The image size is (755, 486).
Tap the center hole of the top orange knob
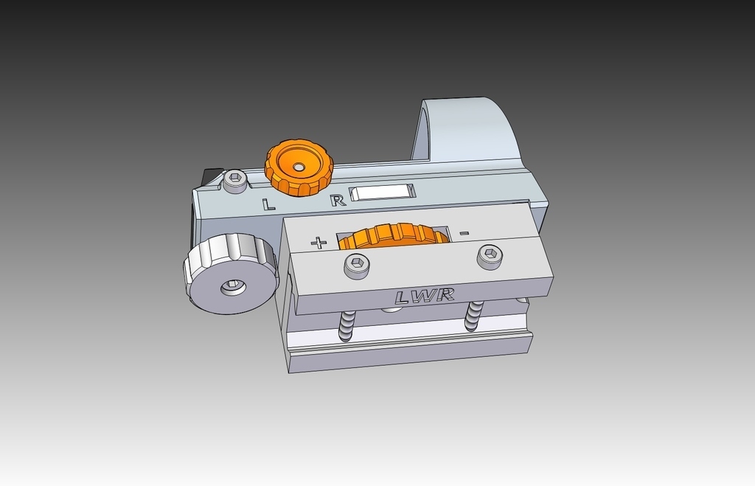pyautogui.click(x=298, y=167)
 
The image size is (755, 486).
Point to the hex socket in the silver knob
pyautogui.click(x=234, y=285)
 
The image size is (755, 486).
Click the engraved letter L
pyautogui.click(x=269, y=204)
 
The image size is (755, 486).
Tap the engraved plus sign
pyautogui.click(x=319, y=243)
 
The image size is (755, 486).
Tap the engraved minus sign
pyautogui.click(x=464, y=234)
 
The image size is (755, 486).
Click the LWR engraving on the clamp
pyautogui.click(x=424, y=296)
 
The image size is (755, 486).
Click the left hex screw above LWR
pyautogui.click(x=357, y=264)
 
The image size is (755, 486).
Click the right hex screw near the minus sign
pyautogui.click(x=490, y=256)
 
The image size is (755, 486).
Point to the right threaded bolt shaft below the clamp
pyautogui.click(x=473, y=316)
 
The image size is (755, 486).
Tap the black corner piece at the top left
pyautogui.click(x=212, y=177)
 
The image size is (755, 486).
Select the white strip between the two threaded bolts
pyautogui.click(x=409, y=332)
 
